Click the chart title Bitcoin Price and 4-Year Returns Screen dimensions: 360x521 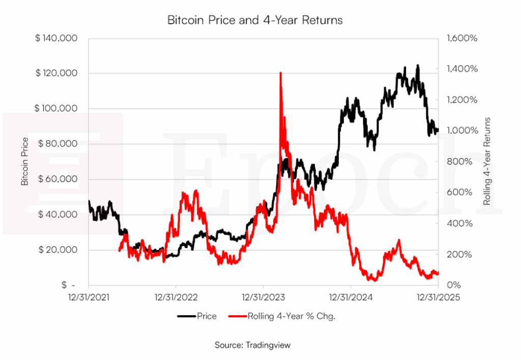click(x=255, y=20)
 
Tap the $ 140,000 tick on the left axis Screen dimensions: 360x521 click(x=56, y=38)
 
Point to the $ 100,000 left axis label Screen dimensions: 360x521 click(x=56, y=108)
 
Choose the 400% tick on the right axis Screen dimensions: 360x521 click(x=466, y=223)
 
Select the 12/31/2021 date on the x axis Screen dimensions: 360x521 click(x=89, y=297)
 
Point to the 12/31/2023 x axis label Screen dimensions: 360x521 click(x=263, y=297)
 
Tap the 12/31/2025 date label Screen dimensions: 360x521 click(x=438, y=297)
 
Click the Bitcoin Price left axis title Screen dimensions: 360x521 click(x=25, y=162)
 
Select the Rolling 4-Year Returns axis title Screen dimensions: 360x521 click(x=487, y=161)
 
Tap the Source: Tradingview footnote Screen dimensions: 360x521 click(x=252, y=345)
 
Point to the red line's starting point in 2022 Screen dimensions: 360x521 click(x=119, y=250)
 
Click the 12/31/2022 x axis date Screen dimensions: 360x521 click(x=176, y=297)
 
